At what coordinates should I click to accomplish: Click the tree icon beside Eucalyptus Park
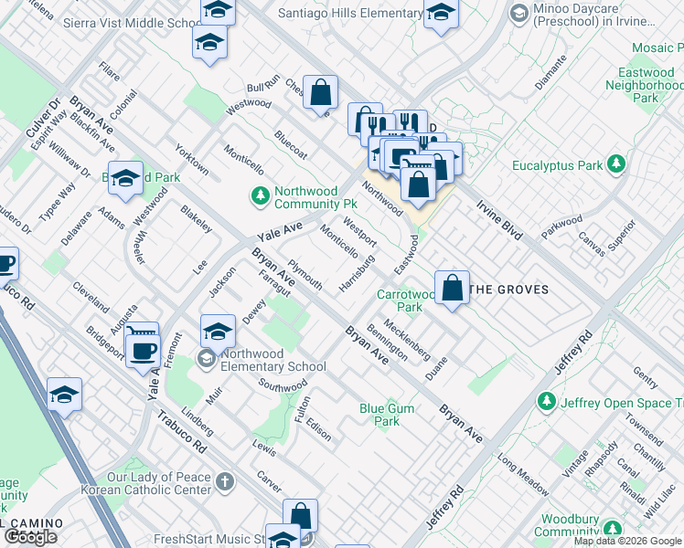[617, 164]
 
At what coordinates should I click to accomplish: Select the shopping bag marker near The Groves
[452, 289]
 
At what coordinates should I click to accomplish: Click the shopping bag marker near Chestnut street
[320, 92]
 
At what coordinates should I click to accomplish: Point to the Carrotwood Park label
[407, 300]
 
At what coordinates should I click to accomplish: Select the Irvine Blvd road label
[499, 220]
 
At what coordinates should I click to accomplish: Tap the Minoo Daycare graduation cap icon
[519, 13]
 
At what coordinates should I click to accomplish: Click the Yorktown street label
[192, 159]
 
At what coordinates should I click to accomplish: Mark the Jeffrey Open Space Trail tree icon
[547, 401]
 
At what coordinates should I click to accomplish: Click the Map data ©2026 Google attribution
[627, 541]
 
